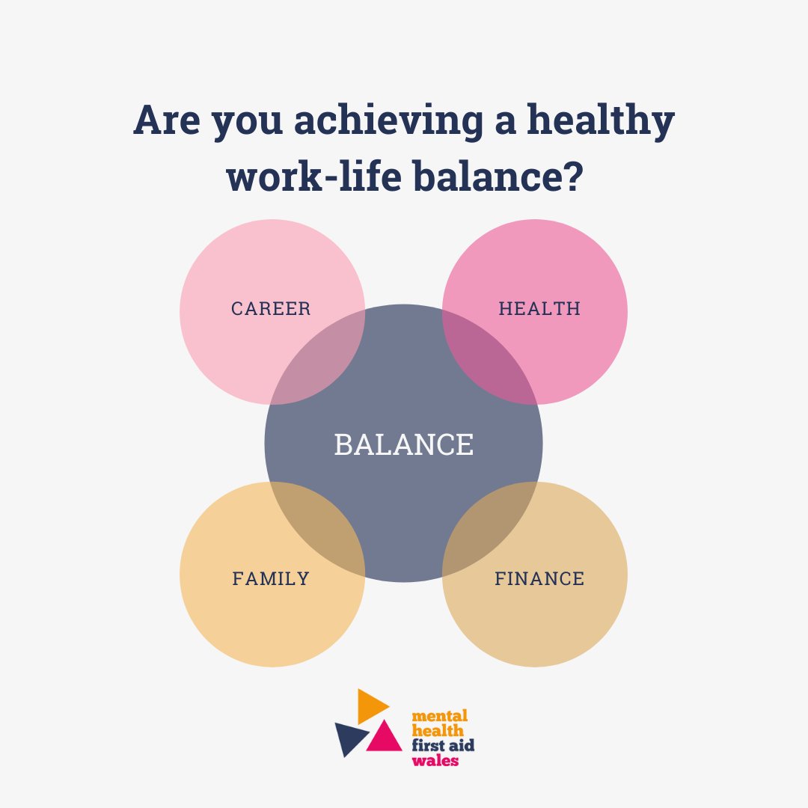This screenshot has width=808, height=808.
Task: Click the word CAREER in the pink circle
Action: coord(271,308)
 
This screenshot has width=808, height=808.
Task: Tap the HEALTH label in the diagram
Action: coord(539,308)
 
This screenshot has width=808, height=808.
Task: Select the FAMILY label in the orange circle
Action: coord(271,578)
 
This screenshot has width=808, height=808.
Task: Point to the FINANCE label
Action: coord(539,578)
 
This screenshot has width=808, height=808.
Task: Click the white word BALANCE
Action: coord(404,444)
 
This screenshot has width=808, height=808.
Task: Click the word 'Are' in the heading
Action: coord(167,122)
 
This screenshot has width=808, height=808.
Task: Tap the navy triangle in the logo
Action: coord(350,736)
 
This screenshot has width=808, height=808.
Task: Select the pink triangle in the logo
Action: coord(386,736)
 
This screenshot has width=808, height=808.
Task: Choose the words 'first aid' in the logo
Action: coord(444,746)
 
